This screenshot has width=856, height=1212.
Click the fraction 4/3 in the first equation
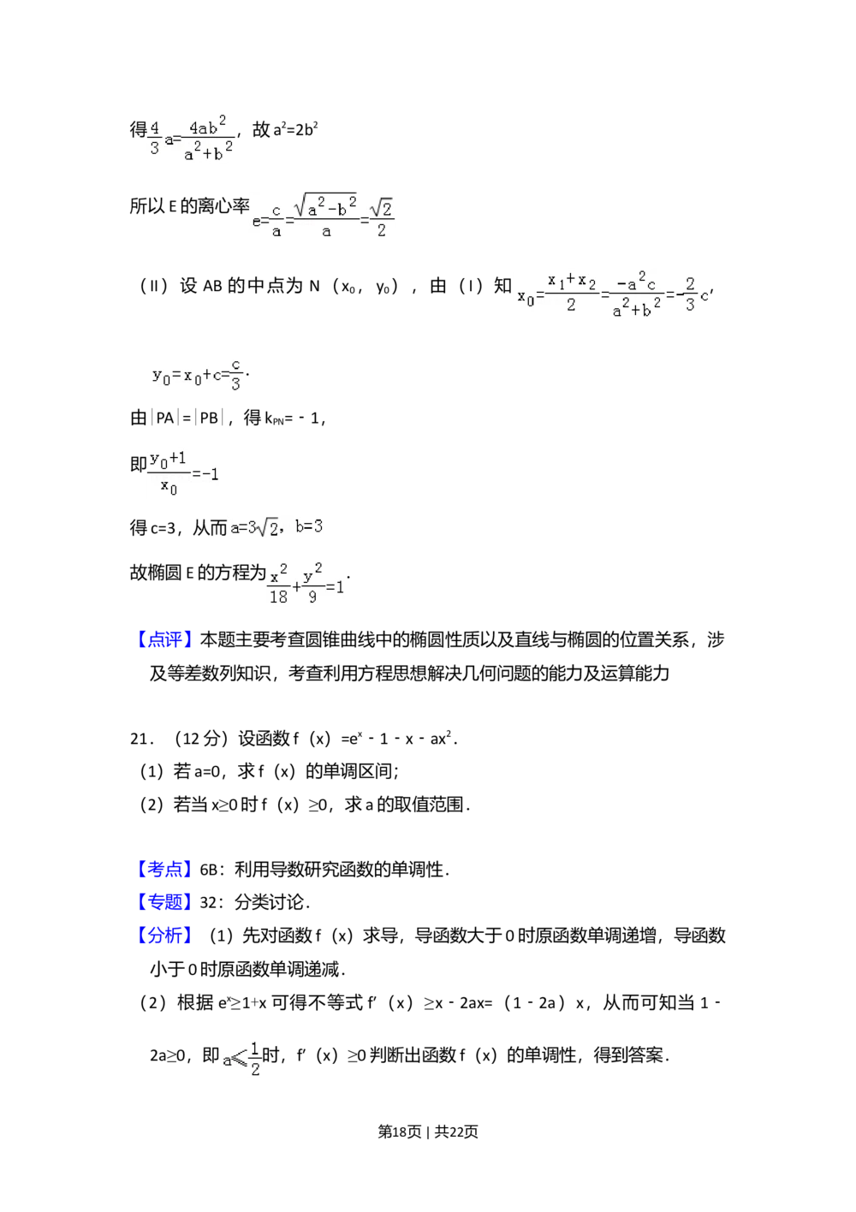pos(155,137)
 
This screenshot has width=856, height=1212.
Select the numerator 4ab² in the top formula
pos(208,126)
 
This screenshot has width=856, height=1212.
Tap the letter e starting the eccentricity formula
pos(257,220)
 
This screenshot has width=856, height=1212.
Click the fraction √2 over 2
pos(382,219)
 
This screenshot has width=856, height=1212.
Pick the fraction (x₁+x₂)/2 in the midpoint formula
pos(571,294)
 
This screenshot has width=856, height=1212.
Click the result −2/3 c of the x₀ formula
pos(692,295)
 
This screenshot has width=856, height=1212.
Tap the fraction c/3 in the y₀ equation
pos(235,374)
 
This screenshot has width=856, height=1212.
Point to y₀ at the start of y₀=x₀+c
pos(161,375)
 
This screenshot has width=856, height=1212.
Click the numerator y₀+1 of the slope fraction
pos(168,459)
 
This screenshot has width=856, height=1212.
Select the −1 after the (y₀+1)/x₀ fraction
pos(206,473)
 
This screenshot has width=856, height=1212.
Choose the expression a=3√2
pos(254,527)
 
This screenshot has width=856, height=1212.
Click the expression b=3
pos(309,527)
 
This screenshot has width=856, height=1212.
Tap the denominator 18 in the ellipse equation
pos(278,597)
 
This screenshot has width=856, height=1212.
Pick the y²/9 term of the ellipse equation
pos(312,583)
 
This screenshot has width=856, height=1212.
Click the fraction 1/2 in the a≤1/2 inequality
pos(255,1058)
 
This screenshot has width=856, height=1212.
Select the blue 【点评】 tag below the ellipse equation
pos(164,639)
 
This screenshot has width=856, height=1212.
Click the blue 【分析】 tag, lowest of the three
pos(164,935)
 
